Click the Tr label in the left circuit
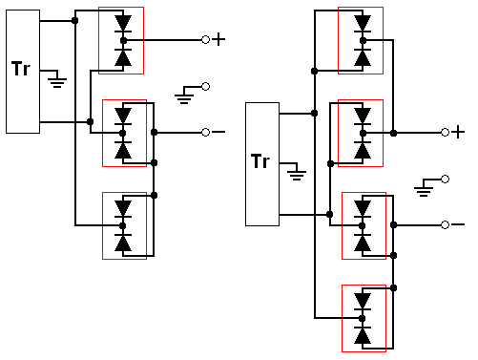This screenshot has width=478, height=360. [21, 69]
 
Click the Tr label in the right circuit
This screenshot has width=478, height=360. [260, 161]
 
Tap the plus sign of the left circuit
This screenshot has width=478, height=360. [218, 39]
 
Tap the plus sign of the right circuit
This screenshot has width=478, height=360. [458, 132]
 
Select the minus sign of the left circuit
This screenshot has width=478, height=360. [218, 132]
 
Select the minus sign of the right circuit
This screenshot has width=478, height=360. [458, 224]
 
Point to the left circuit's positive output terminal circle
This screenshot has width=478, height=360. [206, 40]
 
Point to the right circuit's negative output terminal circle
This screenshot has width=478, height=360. [446, 225]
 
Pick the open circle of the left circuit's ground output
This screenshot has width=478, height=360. [206, 86]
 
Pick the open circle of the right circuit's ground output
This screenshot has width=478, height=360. [446, 180]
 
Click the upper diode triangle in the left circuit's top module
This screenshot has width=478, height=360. [123, 23]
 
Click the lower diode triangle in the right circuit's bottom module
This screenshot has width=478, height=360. [363, 336]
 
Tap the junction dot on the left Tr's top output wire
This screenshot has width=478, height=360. [74, 21]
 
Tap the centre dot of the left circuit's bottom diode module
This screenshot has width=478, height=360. [123, 225]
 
